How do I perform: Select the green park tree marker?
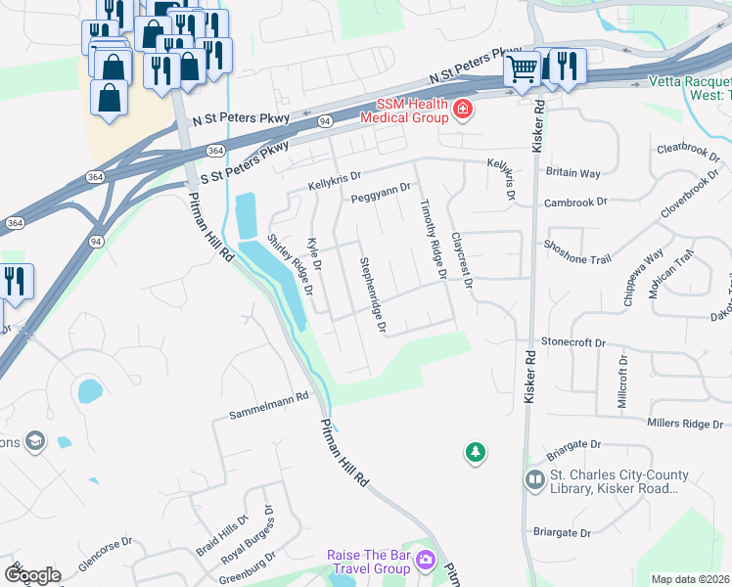point(475,452)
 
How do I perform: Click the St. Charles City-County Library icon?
point(534,480)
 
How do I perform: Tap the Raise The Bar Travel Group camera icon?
point(425,561)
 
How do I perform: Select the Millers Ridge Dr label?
point(685,423)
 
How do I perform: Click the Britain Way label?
point(572,172)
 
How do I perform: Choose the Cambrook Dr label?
point(576,203)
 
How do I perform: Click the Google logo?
point(32,574)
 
